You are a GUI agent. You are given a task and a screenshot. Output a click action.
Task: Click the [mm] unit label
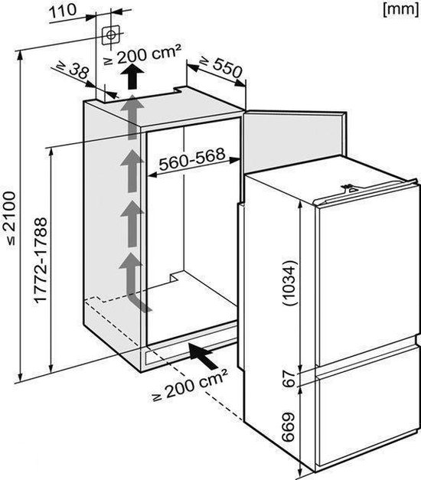[x=400, y=9]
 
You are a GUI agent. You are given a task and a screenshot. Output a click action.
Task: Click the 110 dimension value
[x=63, y=11]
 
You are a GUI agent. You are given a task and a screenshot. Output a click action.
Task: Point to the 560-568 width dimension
[x=192, y=159]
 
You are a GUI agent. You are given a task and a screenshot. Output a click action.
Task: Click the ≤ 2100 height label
[x=9, y=218]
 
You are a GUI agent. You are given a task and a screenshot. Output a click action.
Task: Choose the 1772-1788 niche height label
[x=41, y=260]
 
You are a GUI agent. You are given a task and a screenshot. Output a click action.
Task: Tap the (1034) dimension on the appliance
[x=289, y=283]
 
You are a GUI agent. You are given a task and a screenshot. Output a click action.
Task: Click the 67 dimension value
[x=289, y=378]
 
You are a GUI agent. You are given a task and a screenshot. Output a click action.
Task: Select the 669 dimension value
[x=288, y=426]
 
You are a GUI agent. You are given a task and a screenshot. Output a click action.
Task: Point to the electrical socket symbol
[x=110, y=35]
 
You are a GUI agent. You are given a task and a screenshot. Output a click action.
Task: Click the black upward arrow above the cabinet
[x=132, y=77]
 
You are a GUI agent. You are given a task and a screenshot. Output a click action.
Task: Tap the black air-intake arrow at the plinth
[x=203, y=356]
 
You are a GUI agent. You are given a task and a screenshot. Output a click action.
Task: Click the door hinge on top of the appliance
[x=349, y=188]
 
